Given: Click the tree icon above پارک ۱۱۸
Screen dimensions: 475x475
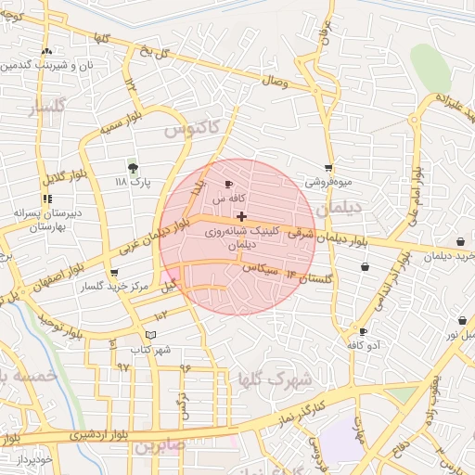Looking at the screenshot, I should pos(133,166).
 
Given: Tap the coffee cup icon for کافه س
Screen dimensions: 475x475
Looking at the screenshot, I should pos(229,186).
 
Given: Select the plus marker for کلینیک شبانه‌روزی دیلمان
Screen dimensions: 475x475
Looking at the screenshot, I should pos(242,216).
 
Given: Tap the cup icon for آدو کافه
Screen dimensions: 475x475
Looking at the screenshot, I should pos(362,331).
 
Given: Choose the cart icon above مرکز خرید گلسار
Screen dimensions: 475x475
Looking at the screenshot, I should pos(114,274).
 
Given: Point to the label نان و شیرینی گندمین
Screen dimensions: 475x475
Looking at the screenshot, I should pos(46,66).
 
